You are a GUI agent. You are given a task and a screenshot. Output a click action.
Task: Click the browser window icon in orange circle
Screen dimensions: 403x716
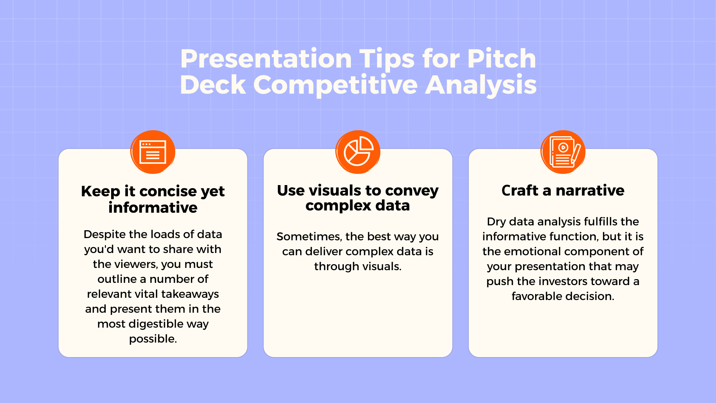coord(153,152)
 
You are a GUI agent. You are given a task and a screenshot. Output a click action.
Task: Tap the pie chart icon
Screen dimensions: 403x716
coord(358,152)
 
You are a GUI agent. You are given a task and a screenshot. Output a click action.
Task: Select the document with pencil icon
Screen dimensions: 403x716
coord(563,152)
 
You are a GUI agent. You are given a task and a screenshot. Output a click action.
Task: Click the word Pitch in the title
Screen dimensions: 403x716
coord(501,59)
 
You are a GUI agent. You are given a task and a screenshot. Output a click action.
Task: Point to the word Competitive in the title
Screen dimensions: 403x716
coord(335,85)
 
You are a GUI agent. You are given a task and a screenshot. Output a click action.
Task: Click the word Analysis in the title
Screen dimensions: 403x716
coord(481,85)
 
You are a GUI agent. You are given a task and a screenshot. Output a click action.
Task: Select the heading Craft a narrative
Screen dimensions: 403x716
coord(563,191)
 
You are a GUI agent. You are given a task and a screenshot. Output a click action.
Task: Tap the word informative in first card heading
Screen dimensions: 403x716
coord(153,207)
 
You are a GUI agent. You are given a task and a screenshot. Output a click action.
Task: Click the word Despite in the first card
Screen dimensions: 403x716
coord(105,234)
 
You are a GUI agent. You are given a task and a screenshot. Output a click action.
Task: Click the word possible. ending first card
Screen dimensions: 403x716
coord(153,339)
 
